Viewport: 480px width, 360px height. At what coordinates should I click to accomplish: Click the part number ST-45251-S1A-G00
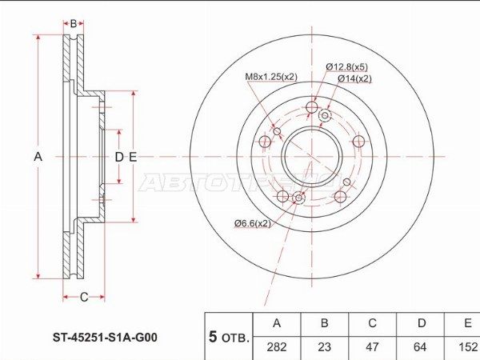105,338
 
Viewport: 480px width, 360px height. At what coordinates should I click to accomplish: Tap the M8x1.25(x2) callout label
271,77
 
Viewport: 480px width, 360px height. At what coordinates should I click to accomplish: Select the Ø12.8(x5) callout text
347,66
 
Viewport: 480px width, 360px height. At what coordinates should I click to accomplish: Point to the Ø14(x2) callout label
354,78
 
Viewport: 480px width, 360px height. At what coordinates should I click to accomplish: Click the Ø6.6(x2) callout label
253,224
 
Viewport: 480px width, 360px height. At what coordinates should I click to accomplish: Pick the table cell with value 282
277,347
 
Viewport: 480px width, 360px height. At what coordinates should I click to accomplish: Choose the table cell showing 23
324,347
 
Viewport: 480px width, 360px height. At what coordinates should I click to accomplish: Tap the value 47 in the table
372,347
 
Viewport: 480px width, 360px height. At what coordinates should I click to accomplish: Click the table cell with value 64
420,347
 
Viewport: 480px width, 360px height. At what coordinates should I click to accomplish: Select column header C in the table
372,323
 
